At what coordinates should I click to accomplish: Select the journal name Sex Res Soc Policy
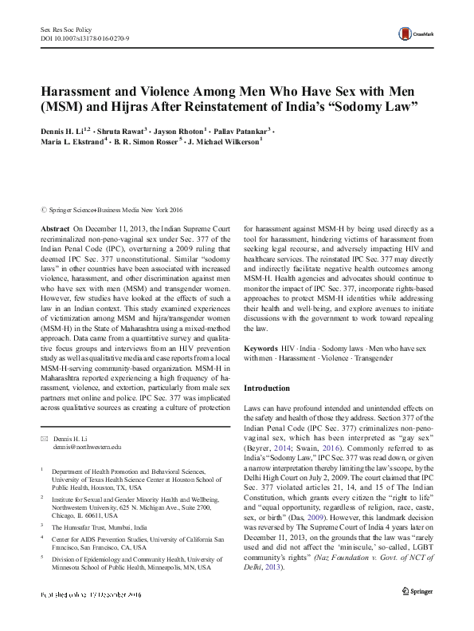pos(68,28)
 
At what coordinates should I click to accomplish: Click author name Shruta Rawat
pos(122,130)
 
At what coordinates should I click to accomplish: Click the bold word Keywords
pos(261,349)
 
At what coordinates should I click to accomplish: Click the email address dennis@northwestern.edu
pos(87,448)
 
